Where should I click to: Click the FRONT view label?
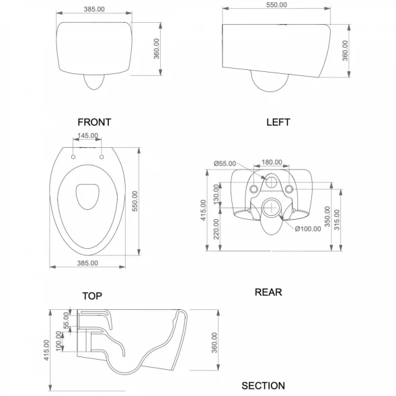[94, 122]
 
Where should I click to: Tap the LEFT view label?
[278, 122]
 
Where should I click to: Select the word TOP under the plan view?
[92, 296]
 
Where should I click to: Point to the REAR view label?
[268, 292]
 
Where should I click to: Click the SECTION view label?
[263, 386]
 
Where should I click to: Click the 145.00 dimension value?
[87, 136]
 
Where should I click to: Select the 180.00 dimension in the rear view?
[272, 162]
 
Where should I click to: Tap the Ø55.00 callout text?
[225, 163]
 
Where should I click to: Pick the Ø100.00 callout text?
[308, 229]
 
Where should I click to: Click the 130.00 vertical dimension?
[216, 194]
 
